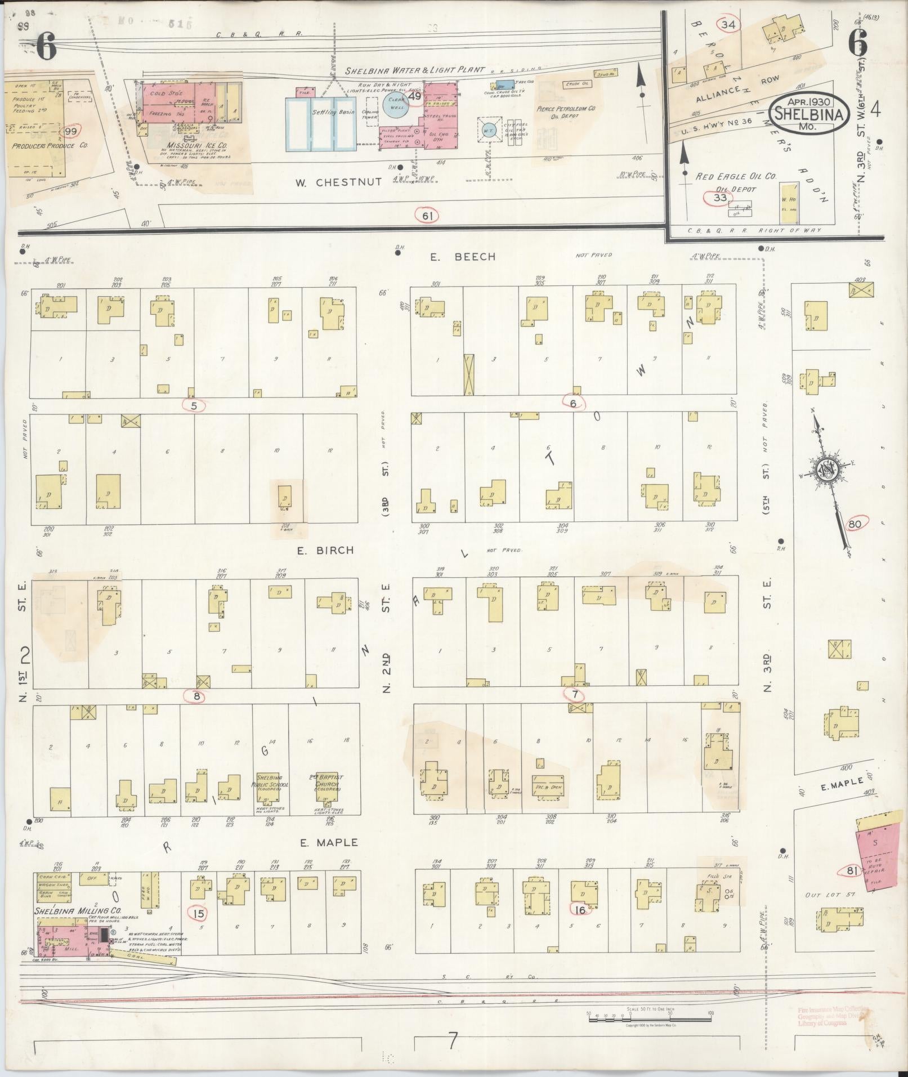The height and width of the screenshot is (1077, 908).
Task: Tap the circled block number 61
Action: (427, 214)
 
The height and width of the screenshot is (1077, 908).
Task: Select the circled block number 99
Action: (70, 131)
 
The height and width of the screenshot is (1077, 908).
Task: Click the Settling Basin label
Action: (333, 112)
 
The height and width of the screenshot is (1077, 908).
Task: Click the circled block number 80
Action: (855, 523)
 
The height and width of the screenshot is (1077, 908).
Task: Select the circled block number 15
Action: (198, 913)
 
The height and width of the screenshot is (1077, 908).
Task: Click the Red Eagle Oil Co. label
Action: (736, 176)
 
